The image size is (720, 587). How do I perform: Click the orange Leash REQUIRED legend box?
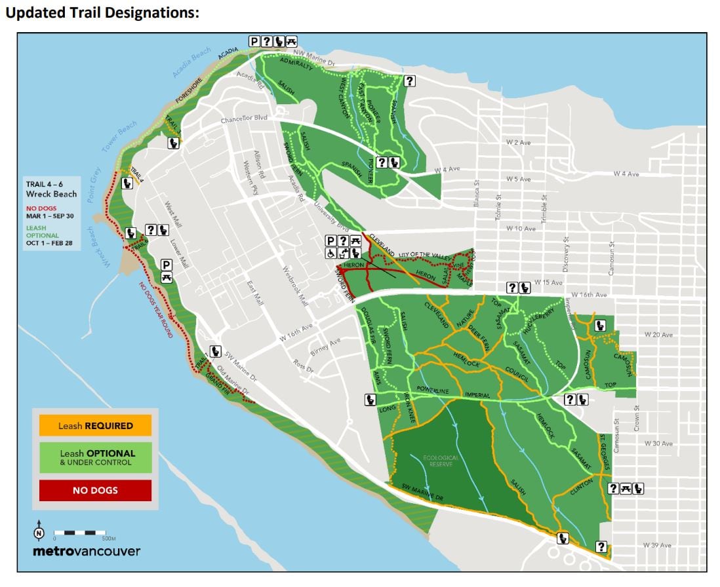(95, 425)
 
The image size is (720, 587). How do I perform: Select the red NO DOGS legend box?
(95, 490)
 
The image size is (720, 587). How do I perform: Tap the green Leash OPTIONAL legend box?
(95, 457)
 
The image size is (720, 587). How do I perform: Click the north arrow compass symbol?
(39, 533)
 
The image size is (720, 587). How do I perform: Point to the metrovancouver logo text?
(87, 551)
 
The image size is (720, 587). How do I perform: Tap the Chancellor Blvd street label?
(245, 119)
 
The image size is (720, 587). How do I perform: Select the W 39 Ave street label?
(658, 545)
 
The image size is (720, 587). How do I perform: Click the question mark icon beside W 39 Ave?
(601, 546)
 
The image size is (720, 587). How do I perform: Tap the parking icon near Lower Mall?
(167, 265)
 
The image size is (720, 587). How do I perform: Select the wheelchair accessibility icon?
(330, 253)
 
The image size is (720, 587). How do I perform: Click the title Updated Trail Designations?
(102, 13)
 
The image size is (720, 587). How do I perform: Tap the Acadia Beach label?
(192, 63)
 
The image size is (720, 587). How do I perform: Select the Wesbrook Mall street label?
(294, 287)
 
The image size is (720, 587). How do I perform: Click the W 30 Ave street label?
(658, 444)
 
